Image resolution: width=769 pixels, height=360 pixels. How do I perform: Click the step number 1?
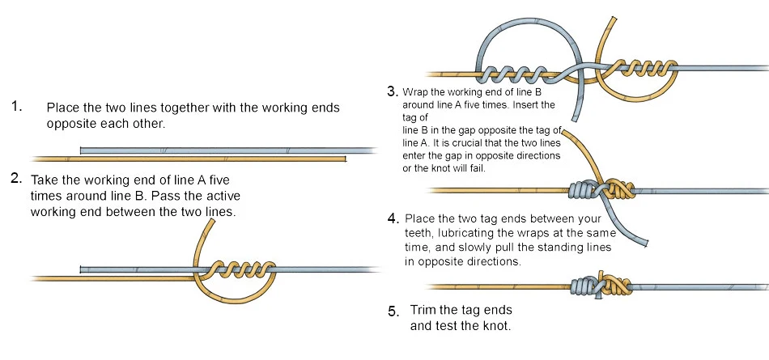(x=15, y=106)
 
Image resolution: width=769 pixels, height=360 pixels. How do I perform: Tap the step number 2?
(x=15, y=179)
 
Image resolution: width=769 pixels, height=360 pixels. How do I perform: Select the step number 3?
(x=393, y=91)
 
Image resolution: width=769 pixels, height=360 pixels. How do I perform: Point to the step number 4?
(x=393, y=218)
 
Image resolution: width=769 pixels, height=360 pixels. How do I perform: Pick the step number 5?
(x=393, y=311)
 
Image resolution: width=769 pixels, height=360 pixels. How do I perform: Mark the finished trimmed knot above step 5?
(x=596, y=286)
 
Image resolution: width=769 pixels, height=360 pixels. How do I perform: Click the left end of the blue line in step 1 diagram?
(x=83, y=150)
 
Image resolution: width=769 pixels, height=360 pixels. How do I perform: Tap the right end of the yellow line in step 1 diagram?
(x=345, y=158)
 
